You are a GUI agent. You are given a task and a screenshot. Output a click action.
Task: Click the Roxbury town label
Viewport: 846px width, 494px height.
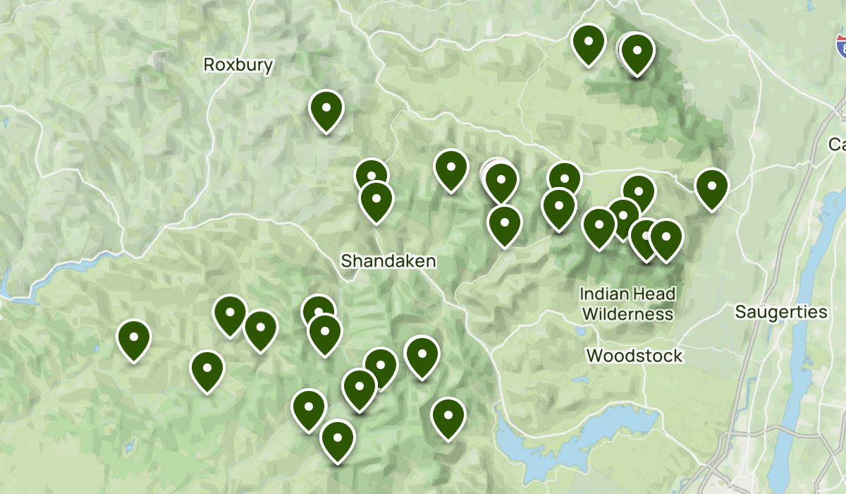click(x=238, y=65)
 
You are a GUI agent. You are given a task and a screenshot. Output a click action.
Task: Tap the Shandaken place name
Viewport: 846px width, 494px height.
click(x=388, y=261)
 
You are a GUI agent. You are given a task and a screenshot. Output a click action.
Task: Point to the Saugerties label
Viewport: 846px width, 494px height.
click(x=780, y=312)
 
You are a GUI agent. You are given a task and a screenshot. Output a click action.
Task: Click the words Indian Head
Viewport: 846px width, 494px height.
click(x=627, y=294)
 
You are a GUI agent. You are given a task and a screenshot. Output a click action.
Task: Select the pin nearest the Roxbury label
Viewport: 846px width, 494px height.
click(x=326, y=110)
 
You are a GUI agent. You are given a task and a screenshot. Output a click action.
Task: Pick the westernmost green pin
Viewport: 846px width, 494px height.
click(x=134, y=339)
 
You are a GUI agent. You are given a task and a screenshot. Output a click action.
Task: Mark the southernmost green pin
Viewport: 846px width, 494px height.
click(x=338, y=440)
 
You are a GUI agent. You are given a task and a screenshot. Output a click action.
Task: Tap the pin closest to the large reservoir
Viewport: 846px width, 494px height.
click(x=448, y=417)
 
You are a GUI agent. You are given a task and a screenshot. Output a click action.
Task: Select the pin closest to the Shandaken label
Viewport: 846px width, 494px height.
click(x=376, y=200)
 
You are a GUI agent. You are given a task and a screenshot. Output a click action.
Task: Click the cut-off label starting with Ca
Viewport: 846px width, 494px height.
click(x=837, y=145)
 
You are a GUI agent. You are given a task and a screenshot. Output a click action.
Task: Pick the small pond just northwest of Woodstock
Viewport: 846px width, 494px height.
click(x=580, y=330)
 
